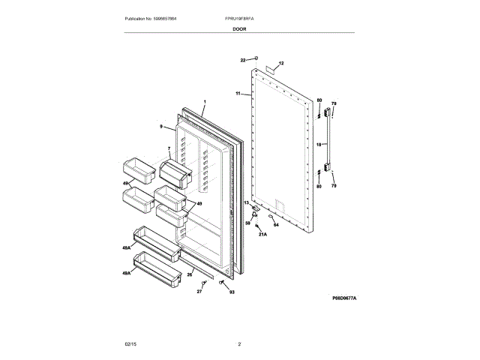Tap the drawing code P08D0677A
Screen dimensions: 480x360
tap(344, 298)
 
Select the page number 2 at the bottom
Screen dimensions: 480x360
tap(239, 343)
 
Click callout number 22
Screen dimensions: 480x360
tap(243, 59)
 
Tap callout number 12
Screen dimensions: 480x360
tap(281, 64)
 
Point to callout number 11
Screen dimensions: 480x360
tap(238, 94)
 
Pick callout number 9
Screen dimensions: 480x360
tap(160, 127)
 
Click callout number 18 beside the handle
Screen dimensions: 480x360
tap(317, 143)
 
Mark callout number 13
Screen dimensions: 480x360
tap(245, 203)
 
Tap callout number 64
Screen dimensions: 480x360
tap(275, 224)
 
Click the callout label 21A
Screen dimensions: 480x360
tap(262, 235)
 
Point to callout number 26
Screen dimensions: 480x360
tap(190, 274)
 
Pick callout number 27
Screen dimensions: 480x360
tap(199, 291)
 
